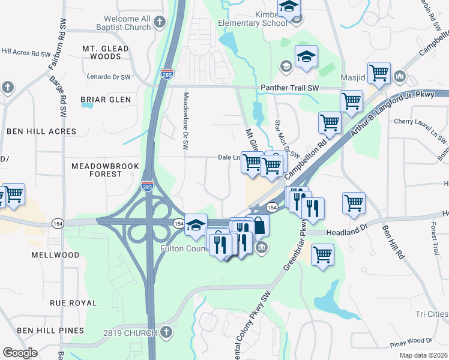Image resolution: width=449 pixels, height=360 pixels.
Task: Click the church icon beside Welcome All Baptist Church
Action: click(159, 23)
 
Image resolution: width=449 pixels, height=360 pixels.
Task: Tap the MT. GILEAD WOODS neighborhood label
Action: click(106, 52)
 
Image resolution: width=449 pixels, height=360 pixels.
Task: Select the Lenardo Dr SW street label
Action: click(107, 77)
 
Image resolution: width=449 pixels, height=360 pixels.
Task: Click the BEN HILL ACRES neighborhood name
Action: click(41, 131)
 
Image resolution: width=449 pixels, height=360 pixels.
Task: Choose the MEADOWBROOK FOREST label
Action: click(105, 170)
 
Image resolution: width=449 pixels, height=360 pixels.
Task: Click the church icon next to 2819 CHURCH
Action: click(166, 332)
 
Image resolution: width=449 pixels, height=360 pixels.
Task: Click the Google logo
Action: click(20, 353)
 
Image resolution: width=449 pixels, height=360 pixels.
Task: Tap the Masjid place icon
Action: click(400, 78)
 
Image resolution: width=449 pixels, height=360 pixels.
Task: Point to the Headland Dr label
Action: click(346, 232)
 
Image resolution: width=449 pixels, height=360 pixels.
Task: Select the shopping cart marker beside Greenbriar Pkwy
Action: click(322, 254)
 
